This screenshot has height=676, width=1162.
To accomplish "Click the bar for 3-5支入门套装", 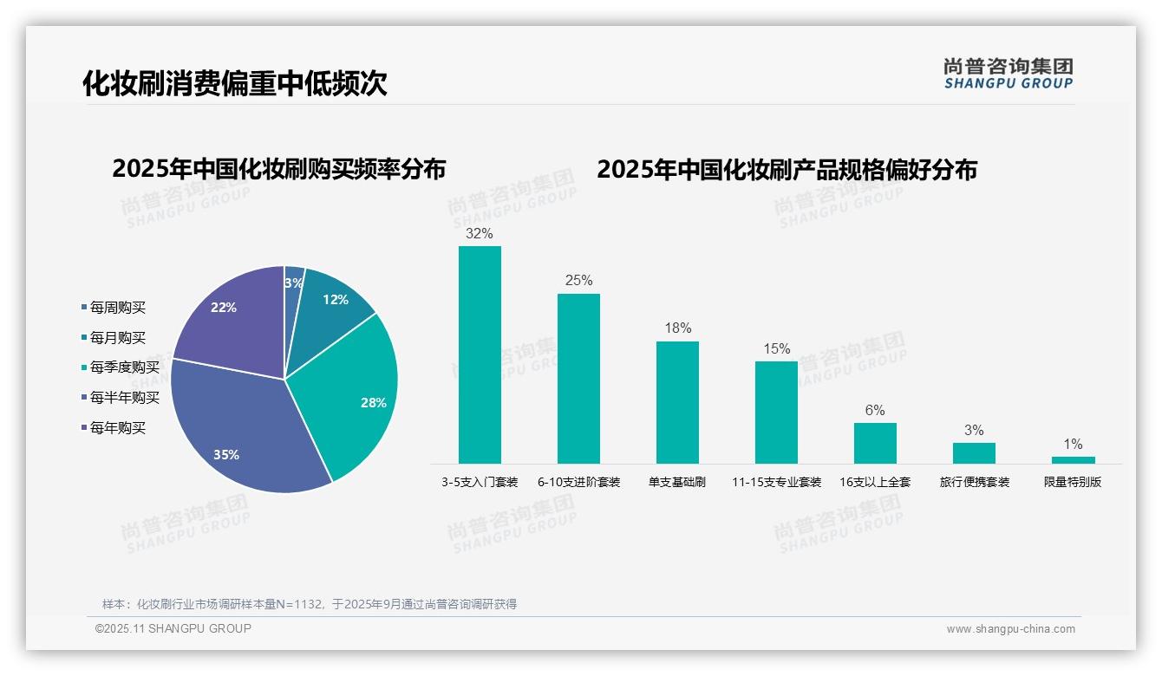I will click(x=480, y=354).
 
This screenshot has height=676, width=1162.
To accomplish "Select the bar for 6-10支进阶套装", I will click(x=578, y=379).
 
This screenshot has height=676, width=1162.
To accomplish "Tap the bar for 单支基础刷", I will click(x=677, y=402).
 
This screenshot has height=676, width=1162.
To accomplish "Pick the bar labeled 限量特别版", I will click(x=1073, y=460).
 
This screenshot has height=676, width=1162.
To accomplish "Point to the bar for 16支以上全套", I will click(x=875, y=443).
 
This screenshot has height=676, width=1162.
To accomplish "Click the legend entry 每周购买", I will click(x=117, y=308).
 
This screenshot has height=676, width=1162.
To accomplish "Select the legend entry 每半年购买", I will click(x=124, y=398).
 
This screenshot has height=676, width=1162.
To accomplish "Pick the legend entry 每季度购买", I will click(x=124, y=367).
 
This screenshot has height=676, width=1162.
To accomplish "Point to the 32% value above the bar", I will click(x=480, y=234).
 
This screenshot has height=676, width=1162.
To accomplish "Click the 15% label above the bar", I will click(x=776, y=349).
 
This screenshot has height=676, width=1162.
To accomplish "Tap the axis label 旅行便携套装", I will click(x=975, y=482).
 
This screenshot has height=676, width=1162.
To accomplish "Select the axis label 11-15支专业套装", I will click(x=776, y=482).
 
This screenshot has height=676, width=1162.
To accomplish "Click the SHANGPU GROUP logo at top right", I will click(x=1009, y=73).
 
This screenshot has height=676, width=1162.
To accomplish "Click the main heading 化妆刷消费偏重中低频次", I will click(x=235, y=83).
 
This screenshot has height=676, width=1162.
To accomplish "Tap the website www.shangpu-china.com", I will click(x=1010, y=629).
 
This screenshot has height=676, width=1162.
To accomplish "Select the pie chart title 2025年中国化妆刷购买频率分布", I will click(x=278, y=169).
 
